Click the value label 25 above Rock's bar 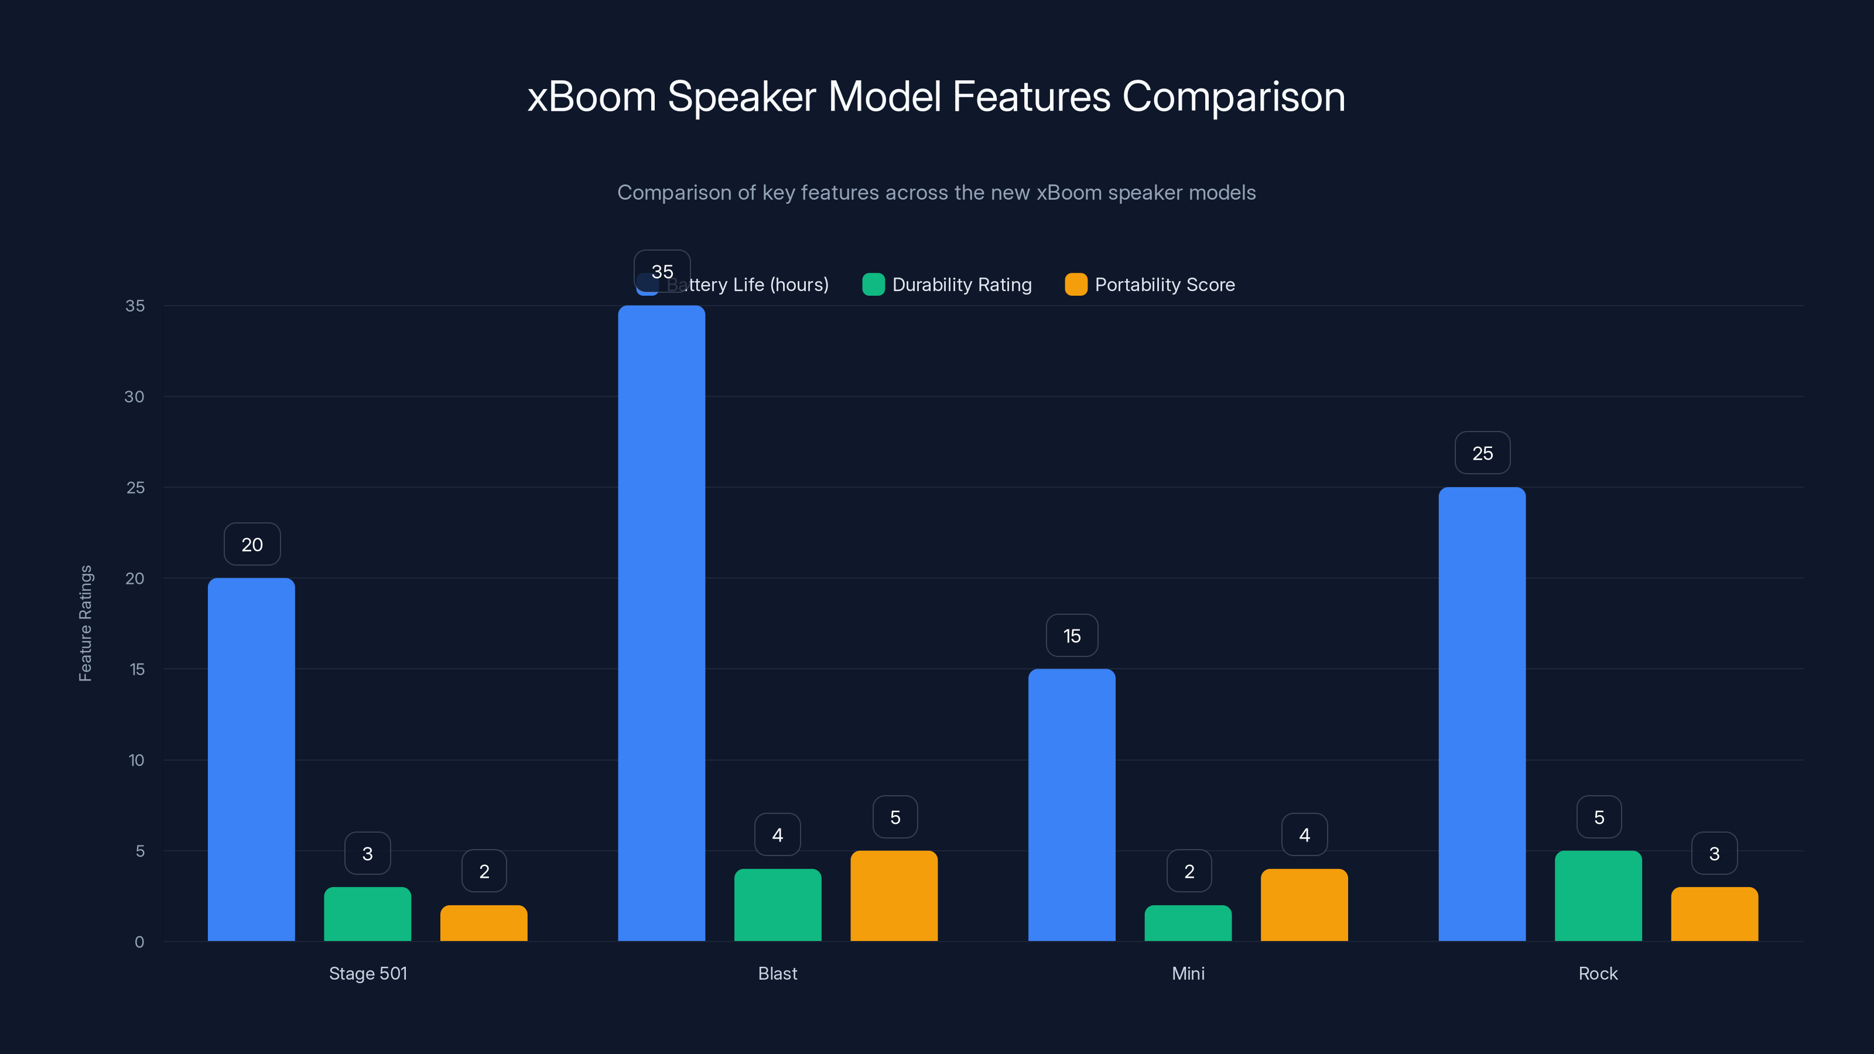pos(1482,453)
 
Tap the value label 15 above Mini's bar pos(1072,636)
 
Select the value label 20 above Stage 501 pos(252,544)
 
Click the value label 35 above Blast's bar pos(662,271)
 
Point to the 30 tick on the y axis pos(134,396)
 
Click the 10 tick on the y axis pos(136,760)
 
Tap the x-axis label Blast pos(777,973)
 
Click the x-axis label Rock pos(1598,973)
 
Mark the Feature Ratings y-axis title pos(85,624)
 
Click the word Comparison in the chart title pos(1233,97)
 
